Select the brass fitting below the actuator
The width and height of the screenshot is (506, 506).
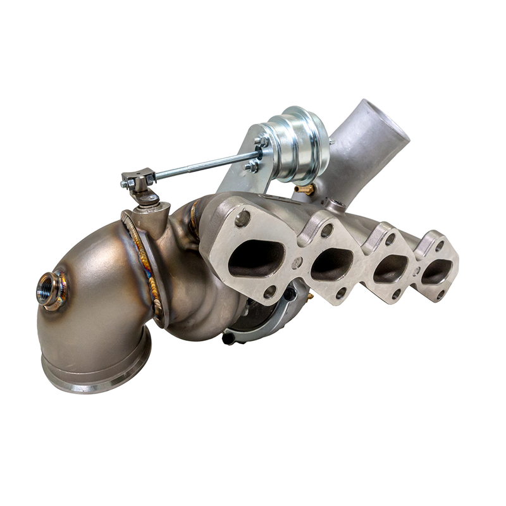pos(305,188)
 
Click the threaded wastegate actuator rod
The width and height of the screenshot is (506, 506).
pos(202,166)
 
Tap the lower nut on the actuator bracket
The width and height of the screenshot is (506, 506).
pos(253,166)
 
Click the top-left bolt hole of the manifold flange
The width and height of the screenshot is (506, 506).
pos(242,218)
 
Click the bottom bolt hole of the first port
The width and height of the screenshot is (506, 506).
pos(269,292)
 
